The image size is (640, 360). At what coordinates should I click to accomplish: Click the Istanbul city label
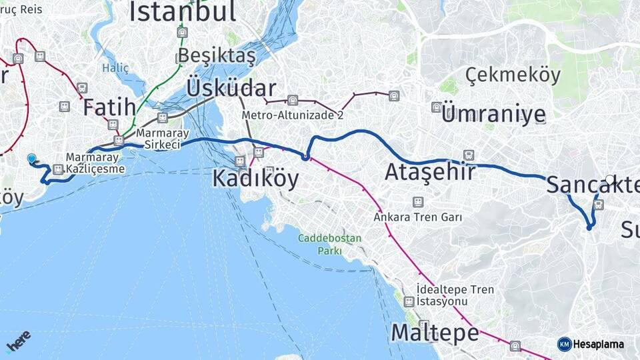pyautogui.click(x=183, y=12)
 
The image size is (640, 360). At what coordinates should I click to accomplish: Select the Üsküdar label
pyautogui.click(x=231, y=88)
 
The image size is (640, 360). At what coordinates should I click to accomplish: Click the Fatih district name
pyautogui.click(x=109, y=107)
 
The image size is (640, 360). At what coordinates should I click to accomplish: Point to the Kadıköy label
pyautogui.click(x=255, y=178)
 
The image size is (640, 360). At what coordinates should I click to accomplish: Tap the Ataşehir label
pyautogui.click(x=430, y=172)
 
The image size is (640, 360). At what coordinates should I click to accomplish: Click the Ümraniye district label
pyautogui.click(x=493, y=114)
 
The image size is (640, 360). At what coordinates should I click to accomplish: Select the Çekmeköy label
pyautogui.click(x=513, y=75)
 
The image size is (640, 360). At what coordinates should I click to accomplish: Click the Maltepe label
pyautogui.click(x=435, y=332)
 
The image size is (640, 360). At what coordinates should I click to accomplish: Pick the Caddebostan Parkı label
pyautogui.click(x=329, y=244)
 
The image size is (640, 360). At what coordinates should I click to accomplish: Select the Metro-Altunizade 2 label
pyautogui.click(x=293, y=115)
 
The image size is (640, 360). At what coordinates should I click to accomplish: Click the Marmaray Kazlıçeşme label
pyautogui.click(x=95, y=163)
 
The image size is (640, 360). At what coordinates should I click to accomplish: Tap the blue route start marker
pyautogui.click(x=31, y=158)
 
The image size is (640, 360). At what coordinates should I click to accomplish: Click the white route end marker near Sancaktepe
pyautogui.click(x=610, y=179)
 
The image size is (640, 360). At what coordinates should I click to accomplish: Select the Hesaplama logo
pyautogui.click(x=591, y=344)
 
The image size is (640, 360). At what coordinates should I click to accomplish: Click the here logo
pyautogui.click(x=18, y=341)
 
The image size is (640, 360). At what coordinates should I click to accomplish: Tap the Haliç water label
pyautogui.click(x=115, y=67)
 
